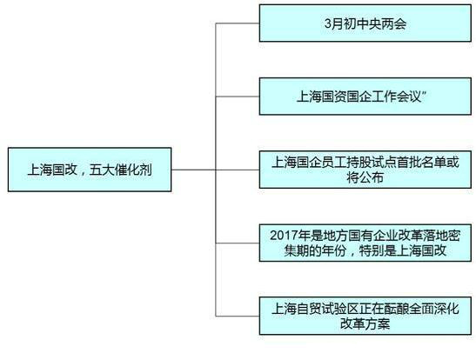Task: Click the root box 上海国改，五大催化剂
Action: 90,170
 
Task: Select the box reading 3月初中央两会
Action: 365,23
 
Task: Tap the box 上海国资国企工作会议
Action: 365,97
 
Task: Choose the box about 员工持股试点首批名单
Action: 365,170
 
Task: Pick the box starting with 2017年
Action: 365,243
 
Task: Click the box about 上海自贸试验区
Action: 365,316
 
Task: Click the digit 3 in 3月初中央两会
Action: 327,23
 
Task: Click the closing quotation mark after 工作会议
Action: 425,93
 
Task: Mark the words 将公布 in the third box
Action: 365,177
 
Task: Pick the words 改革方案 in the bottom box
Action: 365,323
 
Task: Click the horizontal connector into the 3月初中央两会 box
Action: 238,23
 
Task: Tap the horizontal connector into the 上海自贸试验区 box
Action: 238,316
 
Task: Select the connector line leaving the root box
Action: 193,170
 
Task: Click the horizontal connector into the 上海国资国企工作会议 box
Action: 238,97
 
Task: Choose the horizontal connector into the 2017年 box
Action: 238,243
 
